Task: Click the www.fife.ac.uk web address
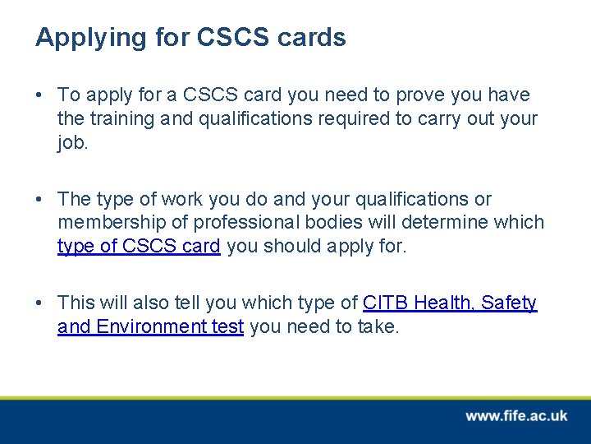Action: (x=516, y=416)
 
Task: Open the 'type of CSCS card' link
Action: (x=139, y=245)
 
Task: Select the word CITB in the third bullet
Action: (x=386, y=303)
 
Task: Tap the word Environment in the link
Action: (x=149, y=326)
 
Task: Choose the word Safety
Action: (x=509, y=303)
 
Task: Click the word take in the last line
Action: (x=378, y=326)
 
